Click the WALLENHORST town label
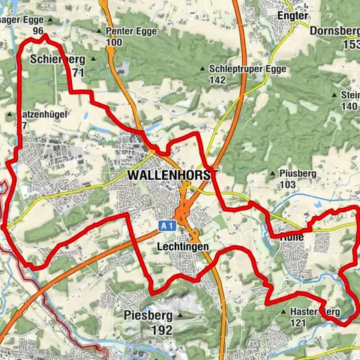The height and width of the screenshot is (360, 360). tap(172, 174)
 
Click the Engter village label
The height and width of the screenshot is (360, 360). tap(292, 15)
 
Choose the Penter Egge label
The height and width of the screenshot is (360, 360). tap(124, 31)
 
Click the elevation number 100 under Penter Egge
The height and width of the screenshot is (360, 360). tap(114, 42)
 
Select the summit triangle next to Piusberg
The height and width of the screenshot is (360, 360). tap(271, 174)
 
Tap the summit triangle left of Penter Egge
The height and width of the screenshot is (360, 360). tap(100, 31)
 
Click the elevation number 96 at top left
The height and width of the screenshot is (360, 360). tap(38, 31)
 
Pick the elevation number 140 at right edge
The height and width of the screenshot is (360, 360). tap(349, 106)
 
